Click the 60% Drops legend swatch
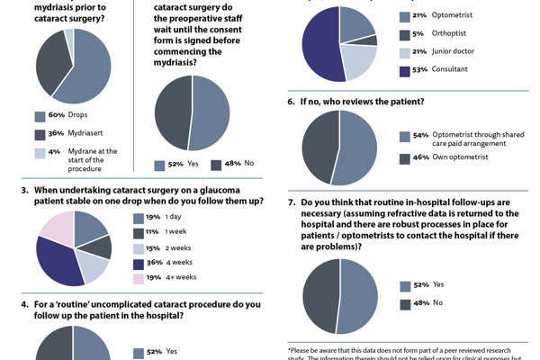click(x=40, y=116)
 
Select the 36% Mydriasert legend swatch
click(x=40, y=134)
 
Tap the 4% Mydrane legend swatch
click(x=40, y=152)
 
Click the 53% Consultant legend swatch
click(x=404, y=69)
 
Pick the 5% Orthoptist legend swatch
click(x=404, y=34)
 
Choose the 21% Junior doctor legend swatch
click(x=404, y=52)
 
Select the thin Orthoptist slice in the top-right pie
click(x=364, y=40)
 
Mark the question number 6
click(x=292, y=102)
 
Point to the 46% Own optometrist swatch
click(x=404, y=158)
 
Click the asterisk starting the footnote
click(x=290, y=349)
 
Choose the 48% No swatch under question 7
click(x=404, y=303)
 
